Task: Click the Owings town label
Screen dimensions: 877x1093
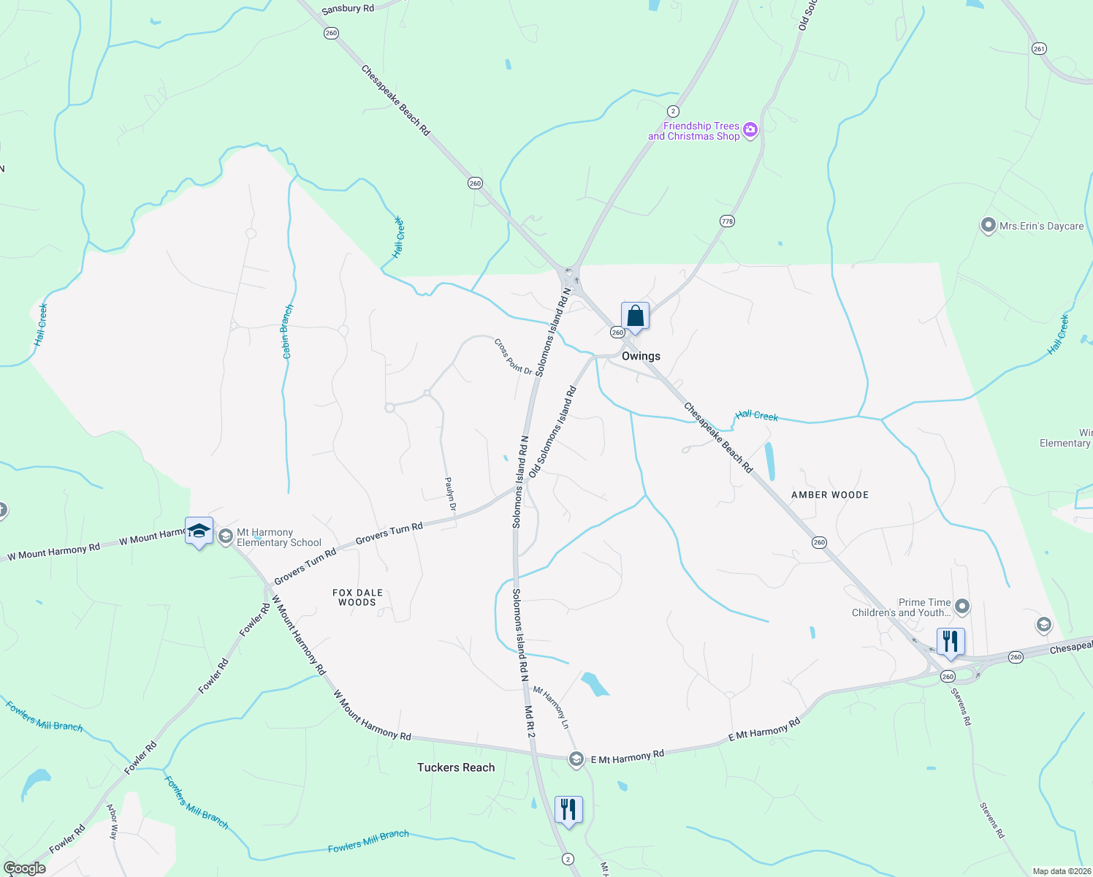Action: coord(641,356)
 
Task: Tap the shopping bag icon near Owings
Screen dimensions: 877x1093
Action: coord(635,316)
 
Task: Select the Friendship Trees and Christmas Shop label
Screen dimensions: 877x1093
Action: coord(694,131)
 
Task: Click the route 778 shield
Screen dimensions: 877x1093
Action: coord(727,221)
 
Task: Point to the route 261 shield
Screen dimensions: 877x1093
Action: coord(1039,49)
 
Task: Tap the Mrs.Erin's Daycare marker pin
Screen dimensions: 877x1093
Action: coord(988,226)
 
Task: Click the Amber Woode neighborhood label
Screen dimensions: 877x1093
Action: coord(830,495)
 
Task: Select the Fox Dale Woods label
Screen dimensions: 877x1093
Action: coord(357,598)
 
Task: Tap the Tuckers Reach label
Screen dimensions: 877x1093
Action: coord(456,767)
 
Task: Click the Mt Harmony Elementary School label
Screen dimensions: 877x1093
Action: coord(279,537)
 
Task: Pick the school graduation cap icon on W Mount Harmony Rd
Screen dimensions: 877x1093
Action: coord(199,531)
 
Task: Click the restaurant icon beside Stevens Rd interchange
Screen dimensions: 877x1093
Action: coord(950,642)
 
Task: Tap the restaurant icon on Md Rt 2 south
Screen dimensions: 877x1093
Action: coord(568,810)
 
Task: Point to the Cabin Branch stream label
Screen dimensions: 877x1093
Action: coord(288,332)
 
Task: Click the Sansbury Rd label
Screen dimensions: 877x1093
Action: coord(348,9)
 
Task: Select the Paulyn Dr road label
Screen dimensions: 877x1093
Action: coord(451,494)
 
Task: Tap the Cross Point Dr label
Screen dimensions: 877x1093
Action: coord(513,356)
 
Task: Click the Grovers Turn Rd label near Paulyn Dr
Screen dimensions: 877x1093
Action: coord(389,534)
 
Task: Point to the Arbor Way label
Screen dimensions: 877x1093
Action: coord(113,821)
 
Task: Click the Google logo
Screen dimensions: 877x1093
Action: coord(24,868)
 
